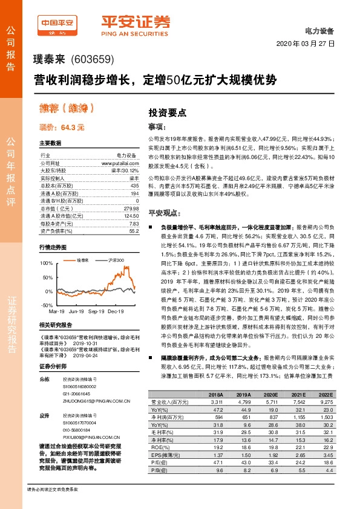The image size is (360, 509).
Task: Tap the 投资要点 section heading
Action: click(168, 112)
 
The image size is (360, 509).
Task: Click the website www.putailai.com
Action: click(120, 163)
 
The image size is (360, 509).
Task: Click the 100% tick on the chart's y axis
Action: click(47, 264)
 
